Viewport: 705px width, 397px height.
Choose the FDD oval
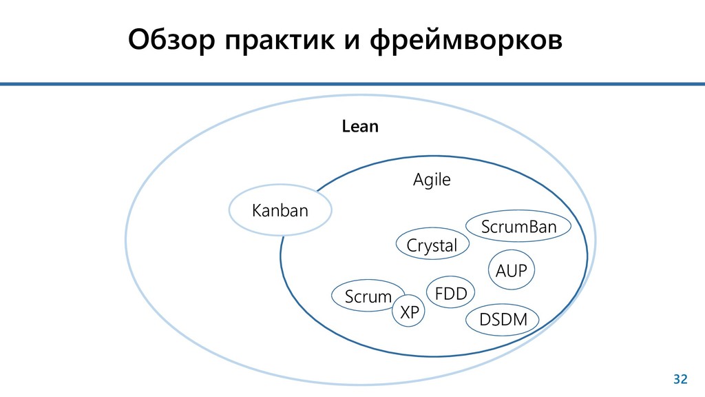click(451, 294)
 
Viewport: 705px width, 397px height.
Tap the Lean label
click(360, 128)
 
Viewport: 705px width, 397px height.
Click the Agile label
click(431, 181)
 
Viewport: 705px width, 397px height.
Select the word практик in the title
click(275, 41)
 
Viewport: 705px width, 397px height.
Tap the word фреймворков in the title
click(466, 41)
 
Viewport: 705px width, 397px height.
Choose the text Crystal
click(432, 245)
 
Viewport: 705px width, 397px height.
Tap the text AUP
click(511, 272)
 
